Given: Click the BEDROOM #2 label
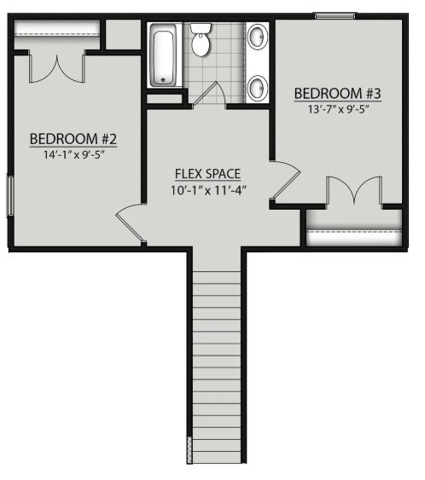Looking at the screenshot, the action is coord(73,139).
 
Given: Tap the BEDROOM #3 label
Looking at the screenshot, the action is coord(338,94).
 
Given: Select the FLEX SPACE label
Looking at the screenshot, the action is coord(207,174).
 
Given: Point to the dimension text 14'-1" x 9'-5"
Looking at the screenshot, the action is coord(74,155).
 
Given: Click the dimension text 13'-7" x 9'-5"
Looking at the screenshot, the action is coord(338,109).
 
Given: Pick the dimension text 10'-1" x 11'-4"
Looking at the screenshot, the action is coord(208,190).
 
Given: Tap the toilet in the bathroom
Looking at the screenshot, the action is coord(201,40).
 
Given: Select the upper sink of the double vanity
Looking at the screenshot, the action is coord(256,37).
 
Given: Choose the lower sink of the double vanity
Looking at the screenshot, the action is coord(256,88).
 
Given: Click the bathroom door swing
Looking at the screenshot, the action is coord(209,94).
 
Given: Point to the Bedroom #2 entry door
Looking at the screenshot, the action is coord(130,223).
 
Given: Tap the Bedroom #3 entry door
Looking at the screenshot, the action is coord(286,180).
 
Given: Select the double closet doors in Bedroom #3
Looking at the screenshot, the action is coord(354,190).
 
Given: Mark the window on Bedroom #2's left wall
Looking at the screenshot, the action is coord(10,195).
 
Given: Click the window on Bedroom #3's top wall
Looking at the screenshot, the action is coord(335,15).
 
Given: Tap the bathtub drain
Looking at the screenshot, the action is coord(163,80).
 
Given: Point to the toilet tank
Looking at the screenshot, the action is coord(201,28).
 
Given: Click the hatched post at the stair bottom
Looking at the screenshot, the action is coord(189,449).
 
